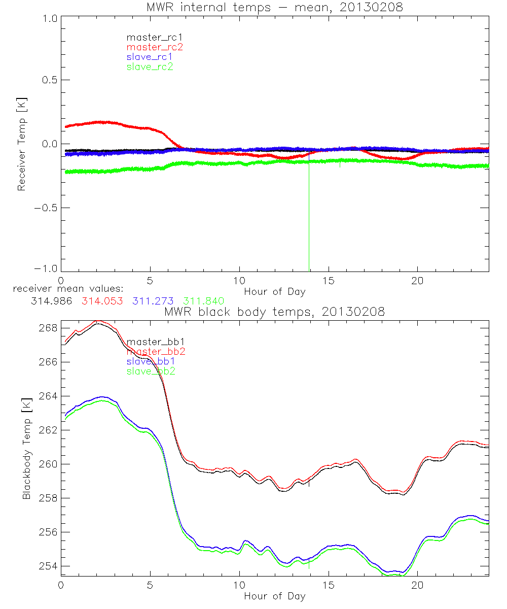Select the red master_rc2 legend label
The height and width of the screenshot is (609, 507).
coord(154,47)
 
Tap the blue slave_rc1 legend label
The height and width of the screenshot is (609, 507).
coord(150,56)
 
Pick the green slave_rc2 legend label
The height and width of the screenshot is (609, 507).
coord(150,66)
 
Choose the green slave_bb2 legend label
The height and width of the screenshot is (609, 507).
coord(152,371)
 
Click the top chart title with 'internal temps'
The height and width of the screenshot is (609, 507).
coord(274,7)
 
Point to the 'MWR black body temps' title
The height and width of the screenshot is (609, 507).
coord(274,312)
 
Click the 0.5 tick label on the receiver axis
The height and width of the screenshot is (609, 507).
coord(49,80)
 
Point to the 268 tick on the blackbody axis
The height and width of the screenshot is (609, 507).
coord(47,328)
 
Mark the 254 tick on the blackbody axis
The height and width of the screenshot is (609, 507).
coord(47,566)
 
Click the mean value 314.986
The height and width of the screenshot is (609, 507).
coord(51,301)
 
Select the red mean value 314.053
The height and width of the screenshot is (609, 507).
coord(102,301)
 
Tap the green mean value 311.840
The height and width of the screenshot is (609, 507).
coord(204,301)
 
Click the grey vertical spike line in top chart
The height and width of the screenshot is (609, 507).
coord(309,218)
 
